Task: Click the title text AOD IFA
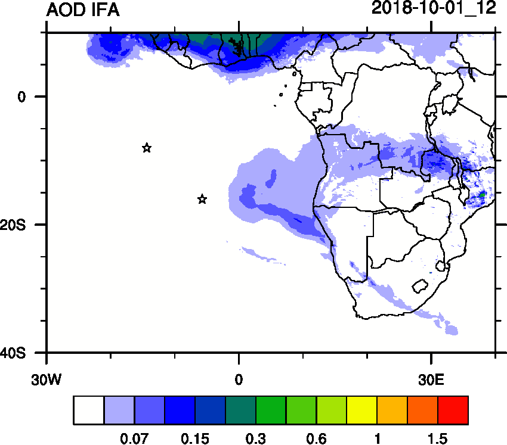(x=83, y=10)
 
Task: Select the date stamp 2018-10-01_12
(x=434, y=9)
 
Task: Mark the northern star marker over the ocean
(x=147, y=148)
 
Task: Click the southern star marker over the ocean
(x=202, y=199)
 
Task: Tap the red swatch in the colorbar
(x=453, y=410)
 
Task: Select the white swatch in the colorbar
(x=89, y=410)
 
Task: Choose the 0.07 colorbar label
(x=134, y=439)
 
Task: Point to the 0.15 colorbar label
(x=195, y=439)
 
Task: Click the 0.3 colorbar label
(x=255, y=439)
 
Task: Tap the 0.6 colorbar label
(x=316, y=439)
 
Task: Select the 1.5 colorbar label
(x=437, y=439)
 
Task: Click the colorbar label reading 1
(x=377, y=439)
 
